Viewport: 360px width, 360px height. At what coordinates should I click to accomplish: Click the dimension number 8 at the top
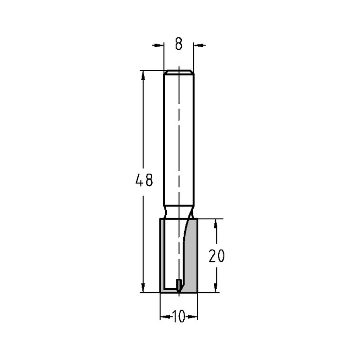(x=179, y=44)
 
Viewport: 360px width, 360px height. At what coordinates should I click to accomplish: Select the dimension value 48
(x=144, y=180)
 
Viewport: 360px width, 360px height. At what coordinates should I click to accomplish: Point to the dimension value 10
(x=179, y=317)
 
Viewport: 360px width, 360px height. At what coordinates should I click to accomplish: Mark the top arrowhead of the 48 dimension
(x=144, y=75)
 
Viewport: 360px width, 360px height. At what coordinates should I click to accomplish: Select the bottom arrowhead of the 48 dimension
(x=144, y=288)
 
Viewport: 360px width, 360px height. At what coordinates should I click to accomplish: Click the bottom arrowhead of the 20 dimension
(x=216, y=288)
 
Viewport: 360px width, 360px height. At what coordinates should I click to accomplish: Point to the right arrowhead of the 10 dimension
(x=194, y=317)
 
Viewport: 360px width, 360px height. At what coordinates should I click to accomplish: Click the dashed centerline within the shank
(x=179, y=144)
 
